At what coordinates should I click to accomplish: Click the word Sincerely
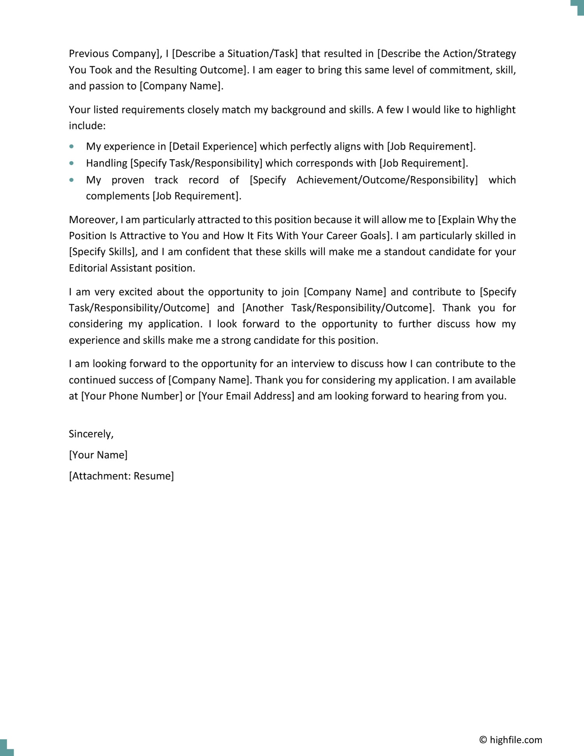[x=91, y=434]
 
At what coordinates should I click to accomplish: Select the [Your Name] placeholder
[x=98, y=455]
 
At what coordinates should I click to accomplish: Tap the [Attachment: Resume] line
[x=121, y=476]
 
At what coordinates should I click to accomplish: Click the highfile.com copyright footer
[x=510, y=740]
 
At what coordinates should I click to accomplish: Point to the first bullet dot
[x=71, y=147]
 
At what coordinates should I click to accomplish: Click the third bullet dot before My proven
[x=71, y=180]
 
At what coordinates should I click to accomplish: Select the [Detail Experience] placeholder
[x=213, y=146]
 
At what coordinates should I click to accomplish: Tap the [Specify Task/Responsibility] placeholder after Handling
[x=196, y=163]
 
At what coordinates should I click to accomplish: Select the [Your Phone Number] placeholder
[x=132, y=396]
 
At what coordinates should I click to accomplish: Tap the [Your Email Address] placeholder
[x=246, y=396]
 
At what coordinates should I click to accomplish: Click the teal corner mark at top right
[x=578, y=6]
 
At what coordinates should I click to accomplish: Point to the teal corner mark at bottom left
[x=5, y=749]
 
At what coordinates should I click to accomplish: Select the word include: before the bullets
[x=87, y=126]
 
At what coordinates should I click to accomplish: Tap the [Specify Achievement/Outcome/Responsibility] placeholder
[x=364, y=180]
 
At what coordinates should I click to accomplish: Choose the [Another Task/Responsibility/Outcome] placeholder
[x=338, y=308]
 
